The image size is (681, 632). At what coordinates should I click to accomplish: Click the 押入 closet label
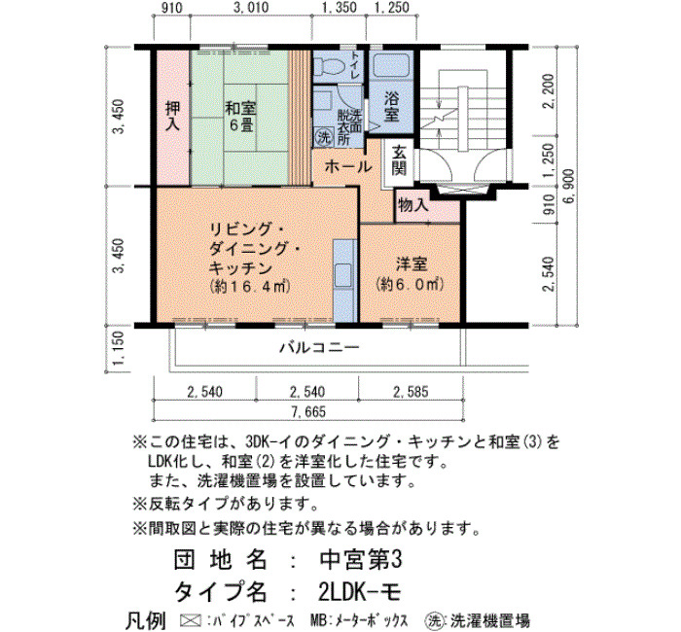(172, 116)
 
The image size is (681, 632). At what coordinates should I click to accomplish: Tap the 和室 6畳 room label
(240, 117)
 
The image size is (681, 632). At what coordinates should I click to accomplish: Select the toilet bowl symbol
(329, 65)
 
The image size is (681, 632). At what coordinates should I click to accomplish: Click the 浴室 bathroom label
(392, 107)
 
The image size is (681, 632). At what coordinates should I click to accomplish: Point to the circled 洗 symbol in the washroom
(323, 137)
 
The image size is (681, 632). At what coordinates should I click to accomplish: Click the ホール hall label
(348, 166)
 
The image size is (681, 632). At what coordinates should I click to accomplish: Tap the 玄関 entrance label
(399, 160)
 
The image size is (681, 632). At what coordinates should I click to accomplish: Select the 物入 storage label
(413, 204)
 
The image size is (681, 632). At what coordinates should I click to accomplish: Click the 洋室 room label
(411, 263)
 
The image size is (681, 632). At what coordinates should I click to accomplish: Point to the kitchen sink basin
(343, 275)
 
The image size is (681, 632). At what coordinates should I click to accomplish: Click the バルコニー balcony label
(319, 347)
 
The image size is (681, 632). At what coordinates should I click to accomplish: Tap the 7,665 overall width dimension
(308, 411)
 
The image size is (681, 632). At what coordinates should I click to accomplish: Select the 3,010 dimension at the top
(251, 8)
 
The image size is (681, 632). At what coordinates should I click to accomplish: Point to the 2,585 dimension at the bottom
(411, 392)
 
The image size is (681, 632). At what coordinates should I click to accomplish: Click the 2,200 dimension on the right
(549, 91)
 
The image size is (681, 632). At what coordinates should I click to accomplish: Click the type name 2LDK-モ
(359, 591)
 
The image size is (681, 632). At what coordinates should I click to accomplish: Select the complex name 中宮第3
(361, 560)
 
